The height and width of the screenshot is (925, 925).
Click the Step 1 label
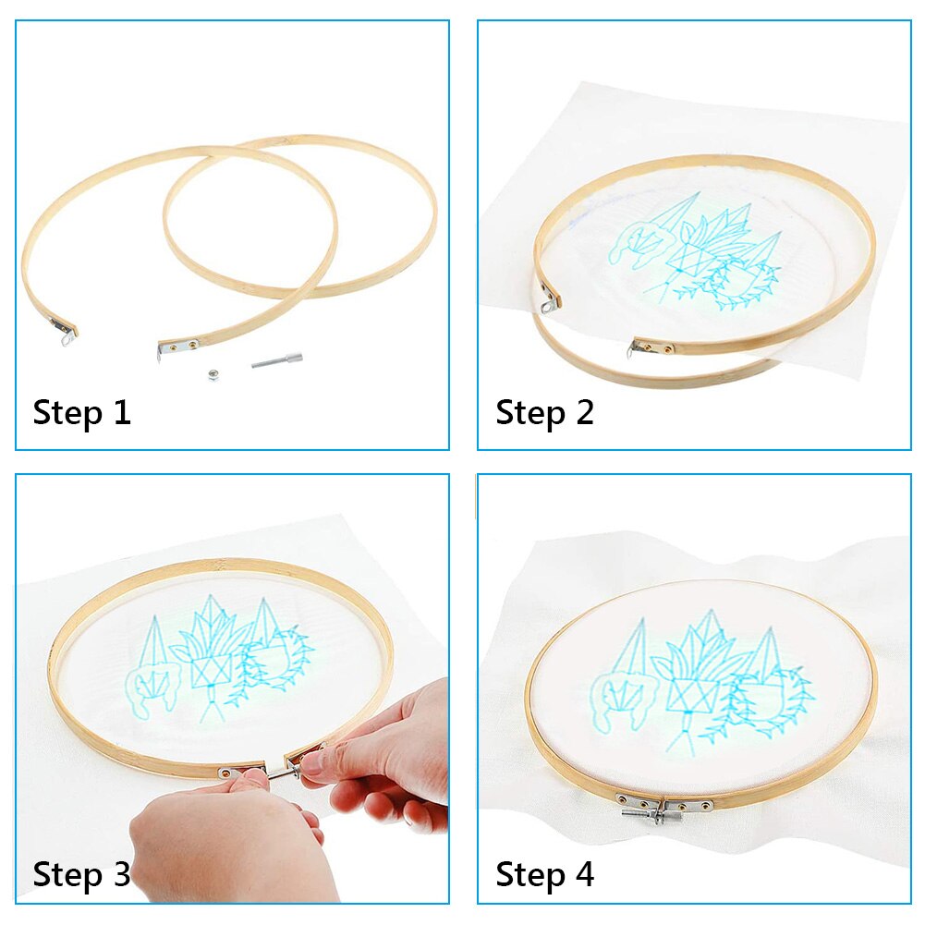[81, 412]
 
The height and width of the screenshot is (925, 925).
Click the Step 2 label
[544, 412]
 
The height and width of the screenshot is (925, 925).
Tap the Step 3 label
[81, 873]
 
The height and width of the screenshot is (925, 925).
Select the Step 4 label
[544, 873]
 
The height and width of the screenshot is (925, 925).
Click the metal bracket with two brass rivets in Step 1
[177, 346]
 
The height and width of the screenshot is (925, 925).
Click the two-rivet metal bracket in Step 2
[651, 347]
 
